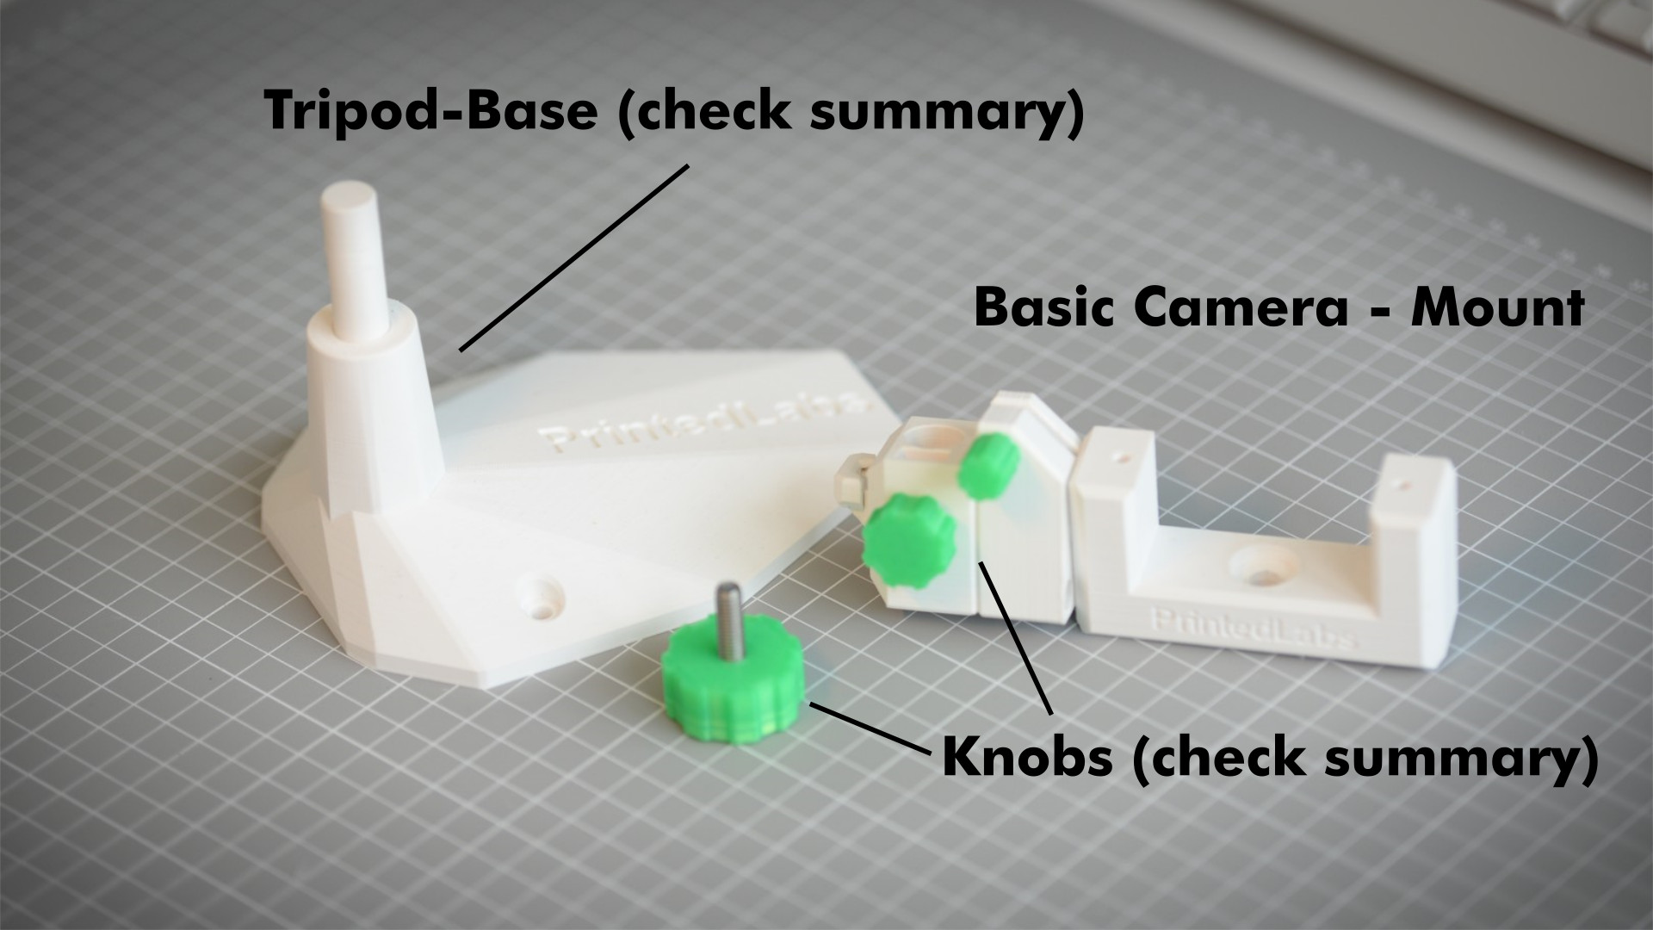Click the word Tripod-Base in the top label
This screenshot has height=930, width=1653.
pyautogui.click(x=430, y=110)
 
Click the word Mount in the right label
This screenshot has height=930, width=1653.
pyautogui.click(x=1498, y=307)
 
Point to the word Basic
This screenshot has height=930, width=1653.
pyautogui.click(x=1043, y=307)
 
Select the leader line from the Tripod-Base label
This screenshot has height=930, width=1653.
pyautogui.click(x=574, y=257)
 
